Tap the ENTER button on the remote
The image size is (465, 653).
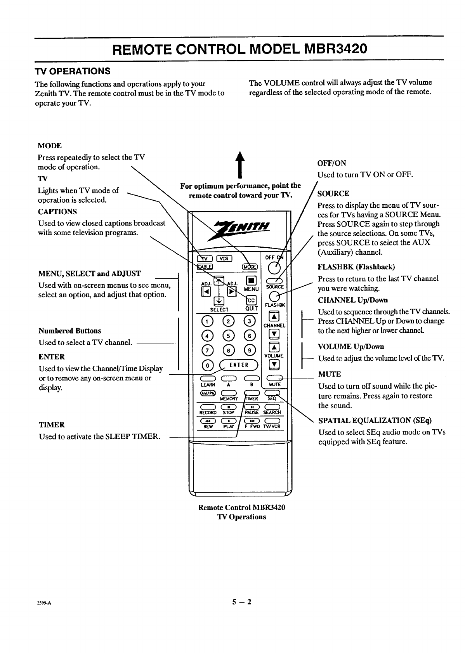click(239, 365)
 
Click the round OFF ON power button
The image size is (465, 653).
click(275, 267)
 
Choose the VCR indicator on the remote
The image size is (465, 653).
click(224, 259)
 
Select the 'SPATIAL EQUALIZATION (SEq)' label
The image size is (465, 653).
click(375, 420)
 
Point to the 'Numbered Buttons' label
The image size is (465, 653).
click(70, 331)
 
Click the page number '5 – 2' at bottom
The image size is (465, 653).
click(242, 602)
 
